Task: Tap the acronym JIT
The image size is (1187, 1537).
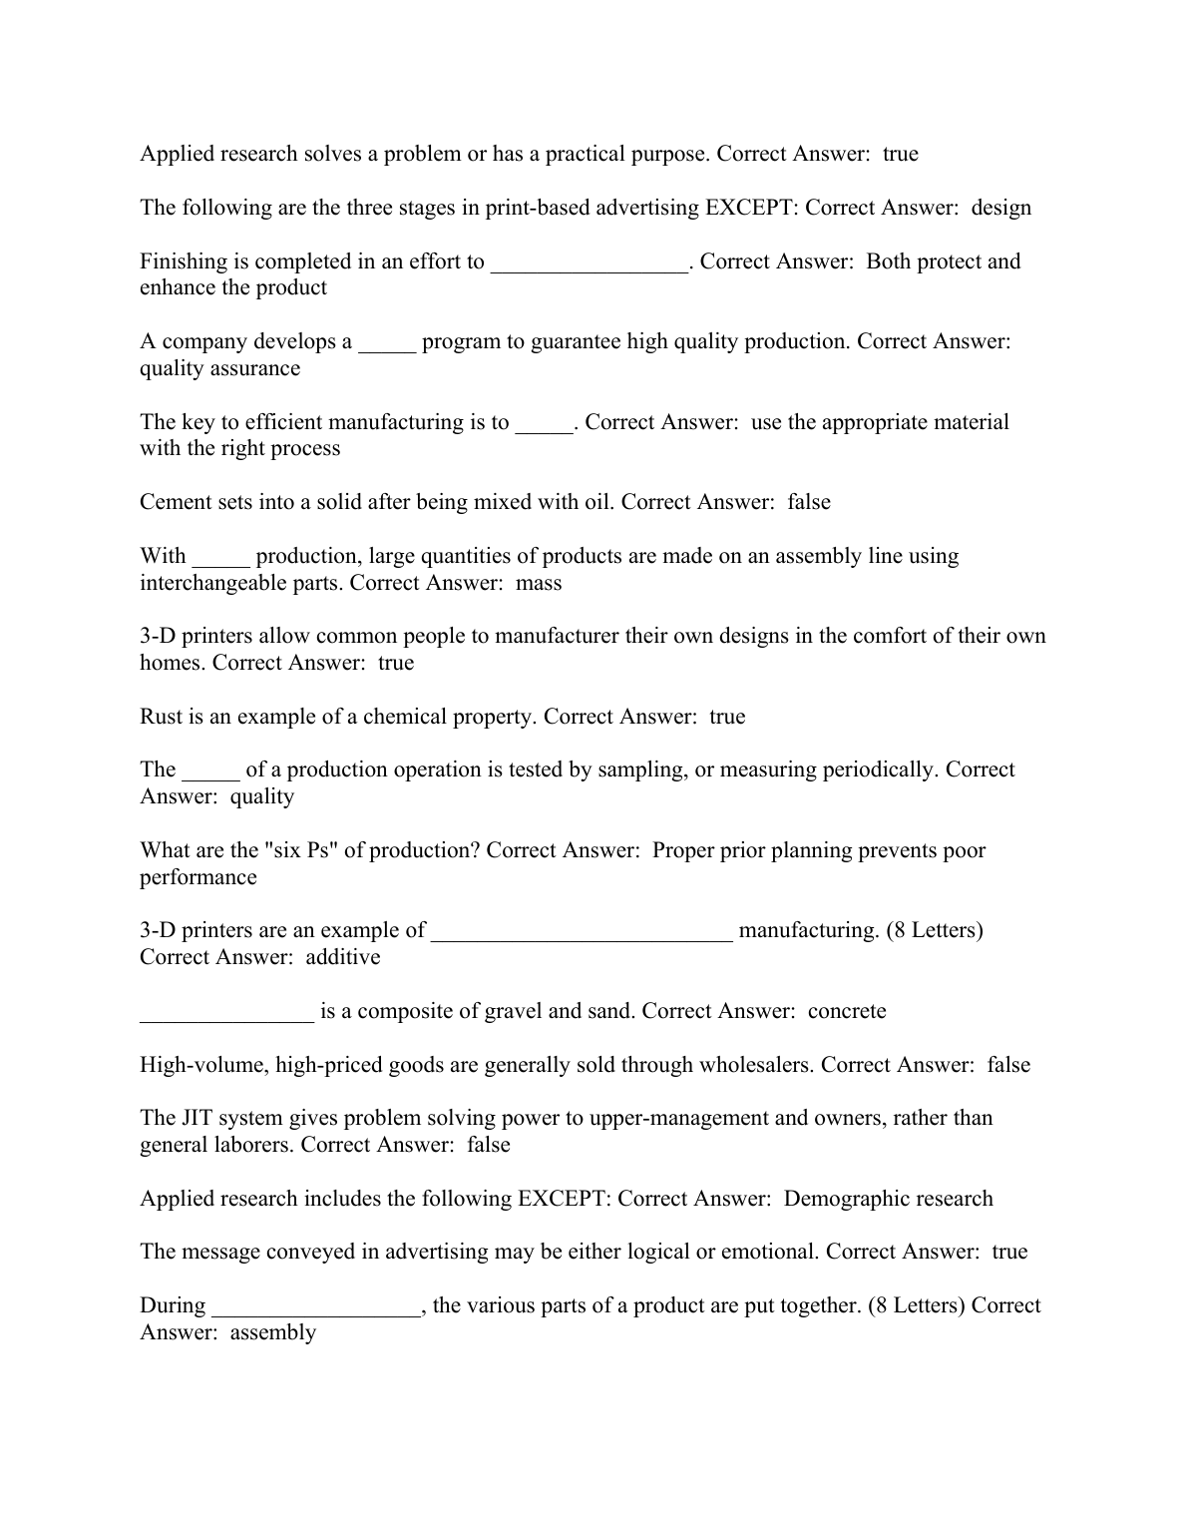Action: [198, 1118]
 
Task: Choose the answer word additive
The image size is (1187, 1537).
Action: [342, 958]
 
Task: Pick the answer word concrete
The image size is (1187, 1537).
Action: [847, 1011]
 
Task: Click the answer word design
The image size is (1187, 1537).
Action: [1001, 208]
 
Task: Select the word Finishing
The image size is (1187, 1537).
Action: [184, 261]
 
